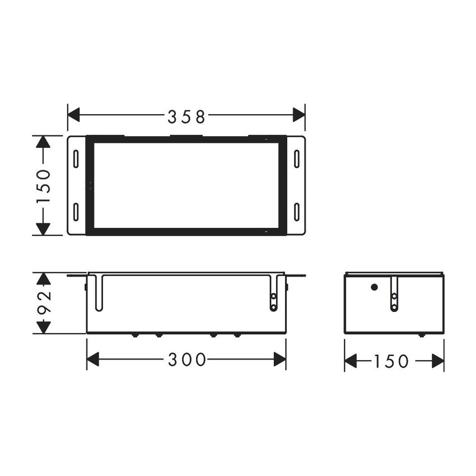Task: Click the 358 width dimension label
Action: click(x=187, y=116)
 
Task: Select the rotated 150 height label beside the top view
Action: click(x=44, y=185)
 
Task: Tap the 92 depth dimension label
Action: click(x=44, y=303)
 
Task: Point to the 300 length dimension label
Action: click(x=187, y=360)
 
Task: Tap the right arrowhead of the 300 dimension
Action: click(x=279, y=360)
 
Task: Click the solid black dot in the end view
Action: click(x=374, y=287)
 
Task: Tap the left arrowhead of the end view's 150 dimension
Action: click(x=351, y=361)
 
